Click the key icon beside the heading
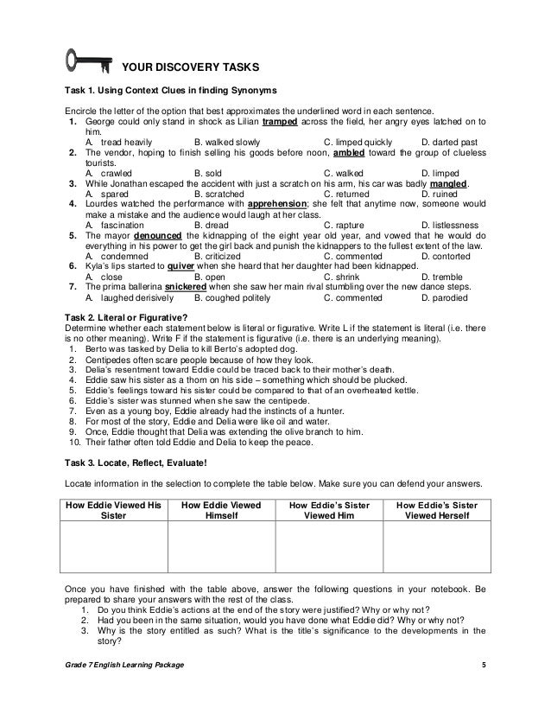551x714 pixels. (x=85, y=62)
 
